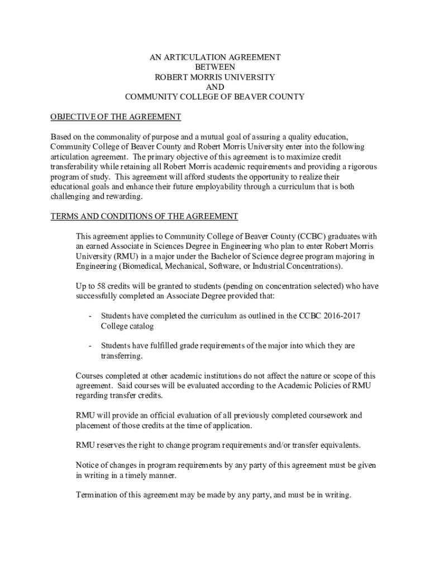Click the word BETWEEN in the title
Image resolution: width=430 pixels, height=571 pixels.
(x=215, y=67)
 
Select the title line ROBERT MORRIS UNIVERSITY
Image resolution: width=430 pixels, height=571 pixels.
(x=215, y=77)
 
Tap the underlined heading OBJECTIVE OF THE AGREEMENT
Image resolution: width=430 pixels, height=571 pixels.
(x=116, y=117)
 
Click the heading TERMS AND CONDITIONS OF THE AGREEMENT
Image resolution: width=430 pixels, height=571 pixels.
(x=144, y=216)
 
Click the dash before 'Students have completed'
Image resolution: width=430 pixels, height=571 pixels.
(x=90, y=316)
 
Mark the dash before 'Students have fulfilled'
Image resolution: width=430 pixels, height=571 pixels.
(x=90, y=346)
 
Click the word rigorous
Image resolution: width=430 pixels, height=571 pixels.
(x=361, y=167)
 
